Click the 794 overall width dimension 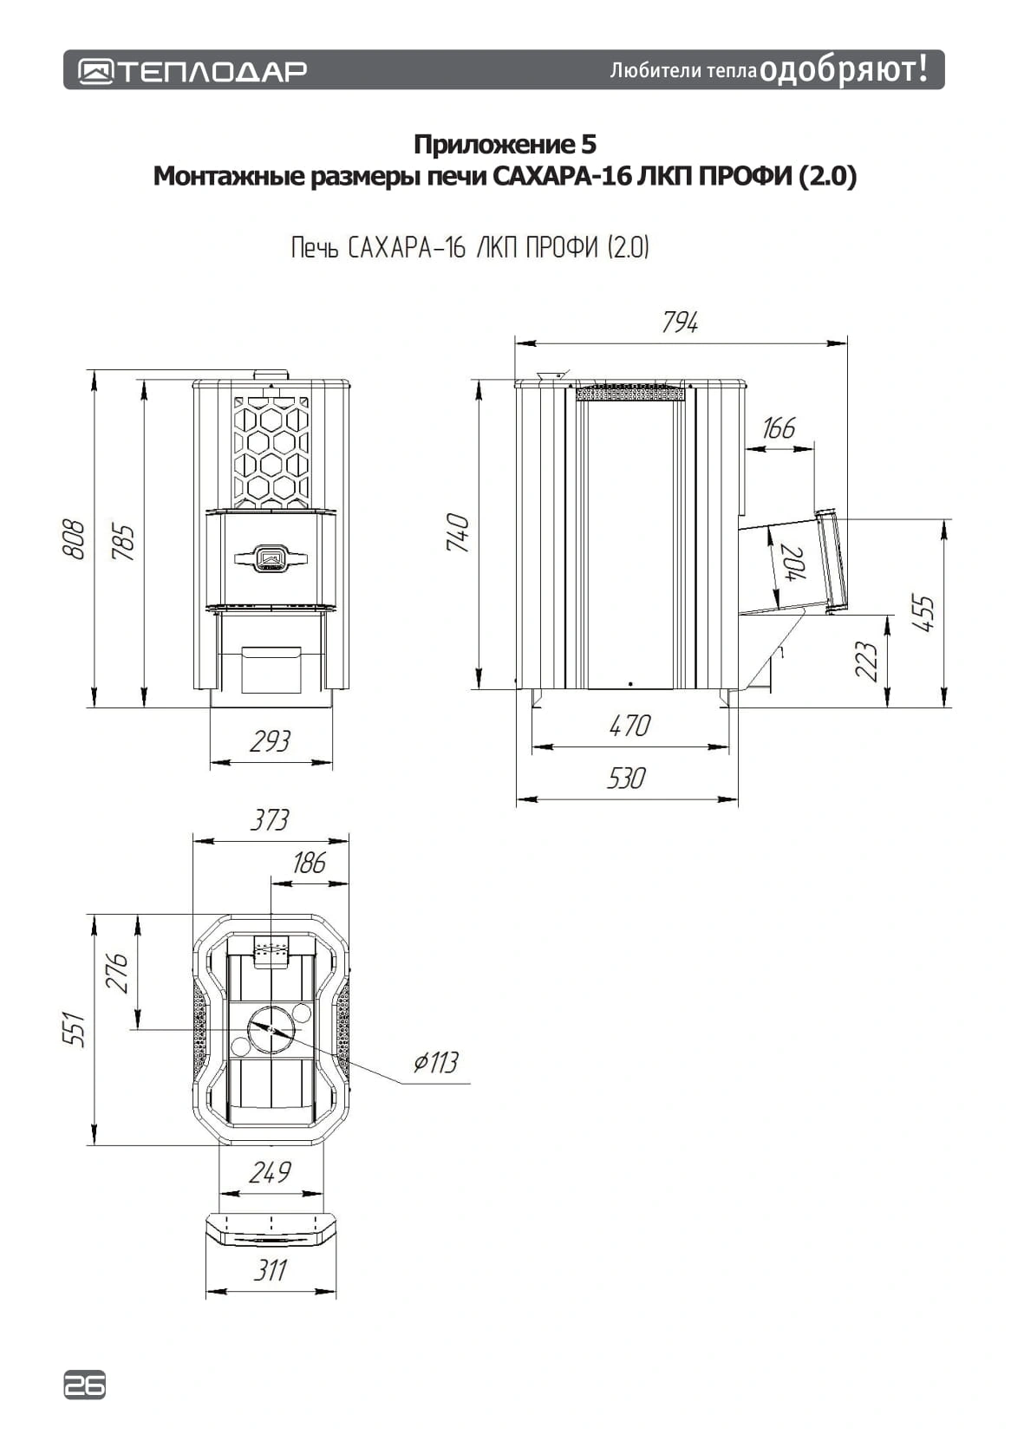click(x=679, y=322)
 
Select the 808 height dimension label click(x=73, y=539)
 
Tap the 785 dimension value click(x=123, y=542)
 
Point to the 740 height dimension click(x=458, y=532)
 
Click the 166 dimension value click(x=778, y=427)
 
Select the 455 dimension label click(x=923, y=613)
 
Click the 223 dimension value click(x=865, y=661)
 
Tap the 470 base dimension click(x=629, y=726)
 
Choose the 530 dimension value click(x=626, y=779)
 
